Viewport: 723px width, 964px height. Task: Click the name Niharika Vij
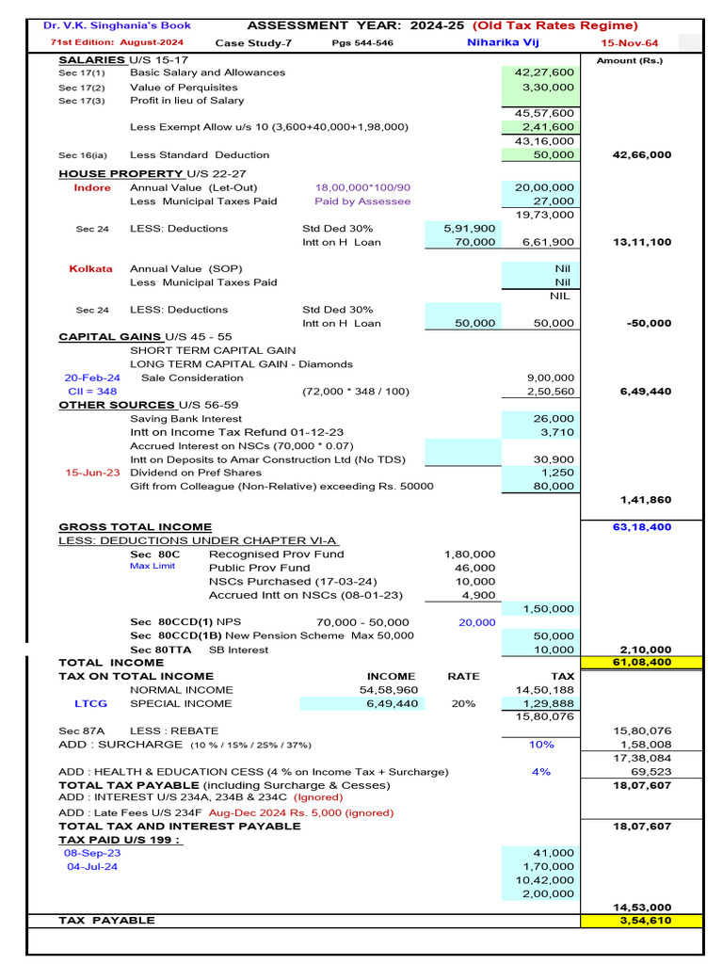[506, 42]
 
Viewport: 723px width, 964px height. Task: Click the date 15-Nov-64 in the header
[630, 43]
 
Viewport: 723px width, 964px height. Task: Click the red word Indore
[92, 187]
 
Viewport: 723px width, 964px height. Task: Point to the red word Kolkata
[90, 268]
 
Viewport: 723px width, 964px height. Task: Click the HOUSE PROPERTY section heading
[120, 174]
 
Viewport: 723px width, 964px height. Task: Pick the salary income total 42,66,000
[642, 154]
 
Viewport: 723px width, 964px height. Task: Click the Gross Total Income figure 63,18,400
[642, 527]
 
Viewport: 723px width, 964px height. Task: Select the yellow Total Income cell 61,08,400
[642, 663]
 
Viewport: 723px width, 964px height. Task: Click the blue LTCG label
[90, 703]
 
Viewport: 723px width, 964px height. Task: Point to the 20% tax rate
[463, 703]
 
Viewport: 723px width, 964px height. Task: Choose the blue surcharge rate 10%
[541, 744]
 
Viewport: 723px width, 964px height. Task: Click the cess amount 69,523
[650, 772]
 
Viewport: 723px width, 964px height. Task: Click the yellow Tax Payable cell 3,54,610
[642, 920]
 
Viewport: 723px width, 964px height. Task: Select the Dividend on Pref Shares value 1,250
[558, 473]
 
